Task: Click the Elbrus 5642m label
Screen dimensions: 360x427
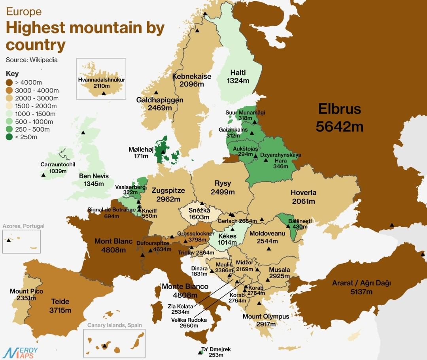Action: click(340, 117)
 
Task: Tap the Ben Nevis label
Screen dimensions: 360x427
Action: click(94, 180)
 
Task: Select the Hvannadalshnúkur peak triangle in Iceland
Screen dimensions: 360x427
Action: click(104, 93)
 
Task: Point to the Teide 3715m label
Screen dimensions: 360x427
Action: click(60, 306)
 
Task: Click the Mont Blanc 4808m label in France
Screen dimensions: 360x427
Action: click(113, 245)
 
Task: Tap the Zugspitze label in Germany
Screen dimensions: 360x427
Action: click(168, 194)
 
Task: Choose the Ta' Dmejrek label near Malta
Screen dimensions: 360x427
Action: click(216, 352)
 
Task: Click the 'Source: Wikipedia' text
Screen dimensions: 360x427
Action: click(32, 60)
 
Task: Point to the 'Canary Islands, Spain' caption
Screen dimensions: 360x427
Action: click(114, 325)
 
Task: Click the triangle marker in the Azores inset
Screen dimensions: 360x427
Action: click(8, 240)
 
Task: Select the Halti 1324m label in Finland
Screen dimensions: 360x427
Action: click(238, 76)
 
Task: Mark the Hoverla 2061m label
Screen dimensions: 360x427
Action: click(303, 197)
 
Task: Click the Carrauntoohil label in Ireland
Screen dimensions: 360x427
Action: click(58, 168)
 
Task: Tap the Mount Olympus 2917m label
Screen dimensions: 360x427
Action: click(266, 320)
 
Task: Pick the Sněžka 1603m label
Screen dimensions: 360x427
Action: click(199, 214)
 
